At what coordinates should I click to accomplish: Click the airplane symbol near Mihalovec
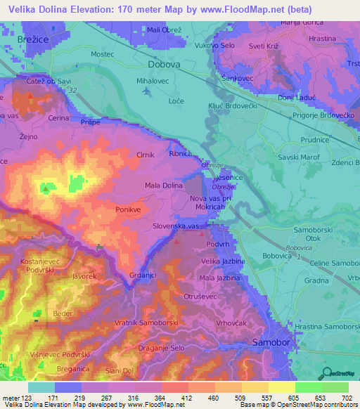coord(146,91)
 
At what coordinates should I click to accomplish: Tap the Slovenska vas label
coord(179,228)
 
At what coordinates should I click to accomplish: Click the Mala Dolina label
coord(162,186)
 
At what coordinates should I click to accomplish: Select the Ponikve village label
coord(129,209)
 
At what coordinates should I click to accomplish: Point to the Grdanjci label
coord(143,275)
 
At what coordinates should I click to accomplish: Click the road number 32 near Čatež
coord(72,91)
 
